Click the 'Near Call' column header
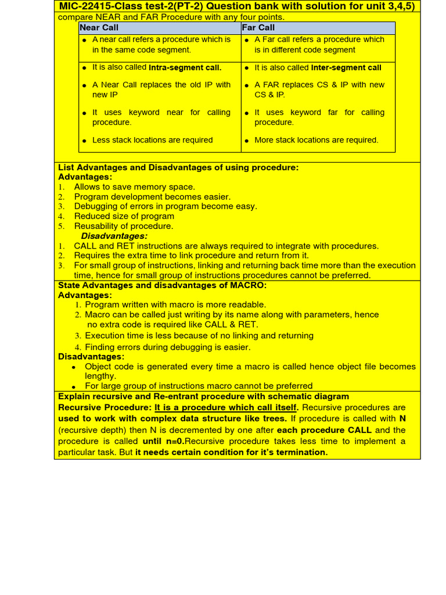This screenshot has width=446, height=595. [99, 28]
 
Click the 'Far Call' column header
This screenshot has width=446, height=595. [258, 28]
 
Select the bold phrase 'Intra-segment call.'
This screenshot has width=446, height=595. [185, 67]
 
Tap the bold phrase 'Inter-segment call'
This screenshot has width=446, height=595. [346, 67]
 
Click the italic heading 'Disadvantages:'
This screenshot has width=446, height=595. [114, 236]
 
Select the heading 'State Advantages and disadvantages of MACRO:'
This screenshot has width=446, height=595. [162, 285]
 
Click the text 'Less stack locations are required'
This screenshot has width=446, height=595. [152, 140]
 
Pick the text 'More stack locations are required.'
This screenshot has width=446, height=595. [316, 140]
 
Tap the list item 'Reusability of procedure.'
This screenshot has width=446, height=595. [123, 226]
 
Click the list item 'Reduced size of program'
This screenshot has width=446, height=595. [124, 216]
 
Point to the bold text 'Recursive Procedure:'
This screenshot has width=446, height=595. [105, 407]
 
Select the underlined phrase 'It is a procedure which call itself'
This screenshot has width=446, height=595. [225, 407]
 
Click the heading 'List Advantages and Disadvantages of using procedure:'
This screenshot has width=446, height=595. [178, 167]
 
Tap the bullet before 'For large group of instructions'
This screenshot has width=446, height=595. [74, 386]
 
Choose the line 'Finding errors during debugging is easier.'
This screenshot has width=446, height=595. [167, 347]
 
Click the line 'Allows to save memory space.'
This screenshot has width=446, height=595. [134, 187]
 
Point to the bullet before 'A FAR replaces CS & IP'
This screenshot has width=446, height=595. [247, 85]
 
